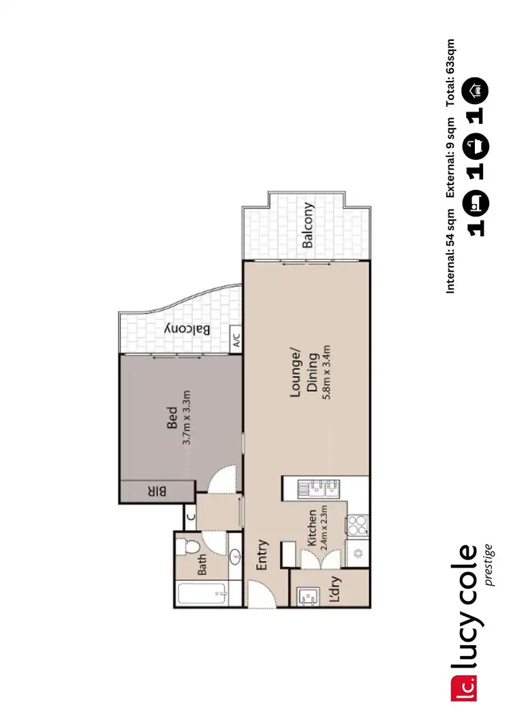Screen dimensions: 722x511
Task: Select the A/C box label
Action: [236, 338]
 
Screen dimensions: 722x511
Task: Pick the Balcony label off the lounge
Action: [308, 225]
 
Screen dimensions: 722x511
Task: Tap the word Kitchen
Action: [311, 529]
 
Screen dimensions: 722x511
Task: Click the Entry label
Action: [262, 555]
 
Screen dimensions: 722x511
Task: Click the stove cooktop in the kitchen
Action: [358, 523]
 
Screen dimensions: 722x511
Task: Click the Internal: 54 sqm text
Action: [450, 252]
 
